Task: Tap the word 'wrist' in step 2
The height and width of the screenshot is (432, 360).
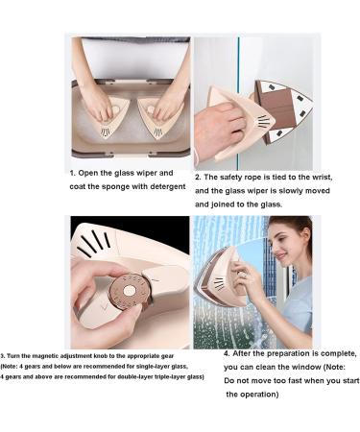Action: click(x=323, y=177)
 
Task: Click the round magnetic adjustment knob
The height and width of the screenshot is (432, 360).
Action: click(x=130, y=292)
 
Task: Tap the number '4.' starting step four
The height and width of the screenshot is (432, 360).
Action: click(x=227, y=353)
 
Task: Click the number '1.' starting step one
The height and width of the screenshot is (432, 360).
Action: click(x=73, y=173)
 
